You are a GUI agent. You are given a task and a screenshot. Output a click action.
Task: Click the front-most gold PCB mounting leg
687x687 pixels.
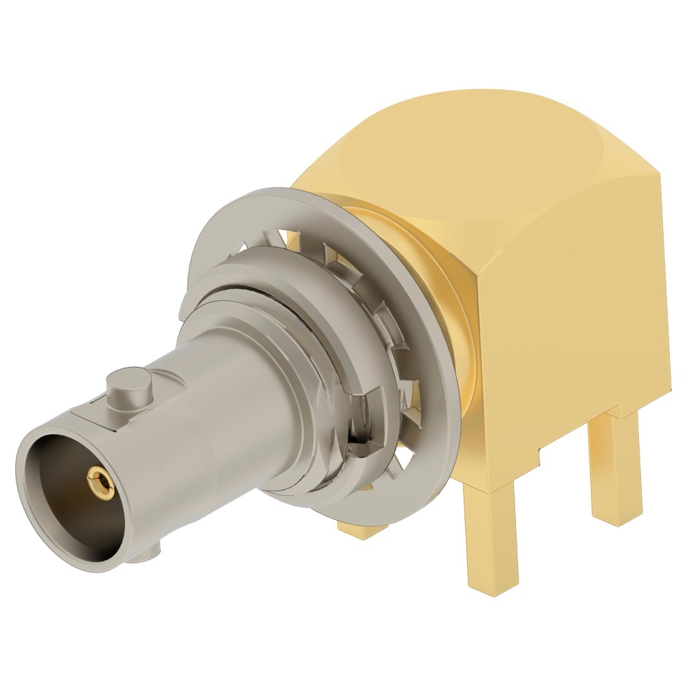pos(491,543)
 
